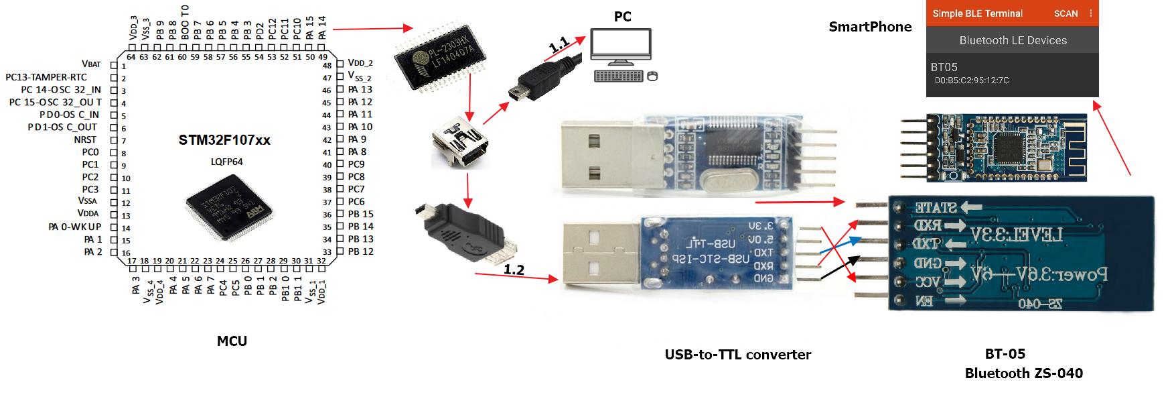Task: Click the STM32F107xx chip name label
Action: [224, 140]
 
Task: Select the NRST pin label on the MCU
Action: [85, 139]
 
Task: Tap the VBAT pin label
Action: [91, 64]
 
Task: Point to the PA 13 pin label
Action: [360, 89]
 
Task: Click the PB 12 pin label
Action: [360, 251]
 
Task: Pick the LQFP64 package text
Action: [226, 162]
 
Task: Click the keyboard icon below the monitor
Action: [618, 76]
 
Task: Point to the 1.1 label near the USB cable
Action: [559, 45]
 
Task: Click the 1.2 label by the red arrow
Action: [514, 270]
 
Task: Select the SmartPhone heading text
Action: [870, 27]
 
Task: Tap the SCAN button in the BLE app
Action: [1066, 13]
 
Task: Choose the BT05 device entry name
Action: [944, 67]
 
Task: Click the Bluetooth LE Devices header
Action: [1013, 40]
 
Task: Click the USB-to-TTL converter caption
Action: [737, 355]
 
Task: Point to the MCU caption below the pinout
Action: [232, 341]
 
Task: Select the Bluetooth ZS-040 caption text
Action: [1023, 373]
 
